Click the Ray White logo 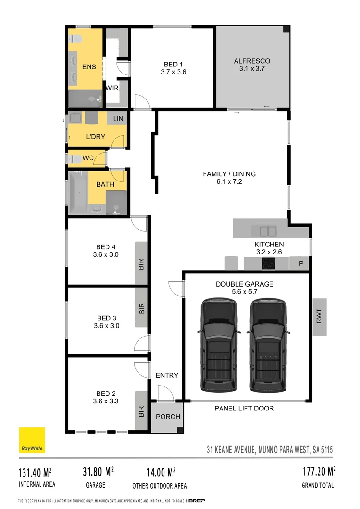click(x=32, y=440)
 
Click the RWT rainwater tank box click(x=319, y=317)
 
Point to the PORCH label click(x=165, y=417)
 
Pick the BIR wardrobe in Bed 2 click(x=141, y=411)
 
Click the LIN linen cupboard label click(x=118, y=119)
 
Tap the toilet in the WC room click(x=74, y=158)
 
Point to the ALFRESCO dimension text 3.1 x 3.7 click(x=252, y=69)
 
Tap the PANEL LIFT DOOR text click(x=244, y=408)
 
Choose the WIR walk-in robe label click(x=112, y=88)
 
